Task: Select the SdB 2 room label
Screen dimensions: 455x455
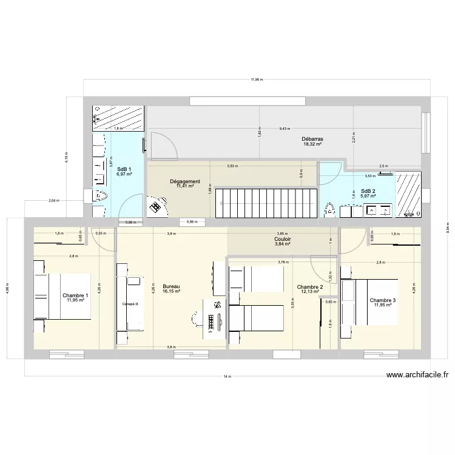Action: coord(368,190)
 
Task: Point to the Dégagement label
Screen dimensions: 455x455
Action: coord(185,181)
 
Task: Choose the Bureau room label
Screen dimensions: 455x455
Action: coord(171,286)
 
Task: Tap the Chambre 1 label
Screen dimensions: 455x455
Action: coord(76,295)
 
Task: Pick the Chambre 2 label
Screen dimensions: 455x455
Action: coord(309,287)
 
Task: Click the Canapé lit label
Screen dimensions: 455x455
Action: coord(130,304)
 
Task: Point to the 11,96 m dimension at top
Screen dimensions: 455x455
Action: coord(257,79)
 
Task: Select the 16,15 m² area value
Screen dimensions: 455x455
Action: coord(171,292)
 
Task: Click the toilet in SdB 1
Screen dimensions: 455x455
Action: coord(101,195)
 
